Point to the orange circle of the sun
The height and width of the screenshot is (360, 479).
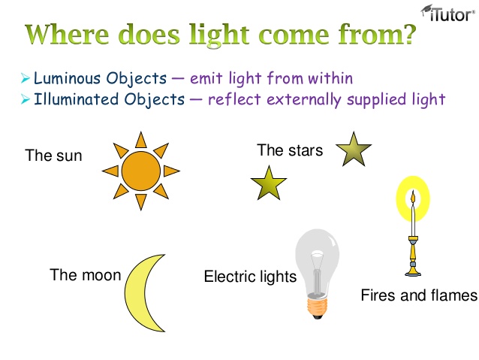coord(140,171)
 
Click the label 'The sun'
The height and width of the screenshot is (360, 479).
coord(53,156)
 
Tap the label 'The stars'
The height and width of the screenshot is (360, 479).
coord(289,150)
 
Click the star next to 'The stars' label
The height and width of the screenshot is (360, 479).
coord(353,150)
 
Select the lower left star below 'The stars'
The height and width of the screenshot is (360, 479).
coord(269,183)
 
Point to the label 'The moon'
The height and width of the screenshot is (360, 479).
coord(85,275)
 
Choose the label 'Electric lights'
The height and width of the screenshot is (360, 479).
coord(250,277)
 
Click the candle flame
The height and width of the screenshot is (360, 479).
coord(411,197)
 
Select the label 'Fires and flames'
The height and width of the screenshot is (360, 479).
coord(418,295)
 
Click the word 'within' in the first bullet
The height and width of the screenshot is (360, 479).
coord(327,78)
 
